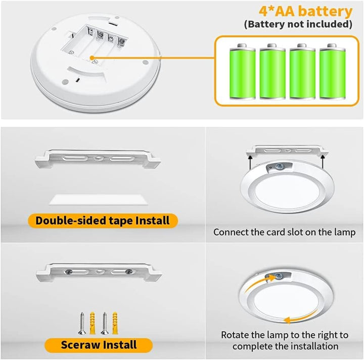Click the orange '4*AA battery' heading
pos(305,11)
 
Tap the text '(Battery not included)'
pos(298,24)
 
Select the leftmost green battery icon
pos(242,71)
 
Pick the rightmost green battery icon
pos(333,71)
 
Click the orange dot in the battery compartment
pos(92,58)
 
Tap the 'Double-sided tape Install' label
pos(103,221)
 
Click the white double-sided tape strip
pos(98,199)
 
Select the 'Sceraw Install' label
pos(99,345)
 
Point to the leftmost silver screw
pos(82,323)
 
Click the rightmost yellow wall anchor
pos(115,323)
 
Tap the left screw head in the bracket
pos(69,272)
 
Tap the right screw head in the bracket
pos(128,272)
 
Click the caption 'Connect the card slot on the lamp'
pos(284,232)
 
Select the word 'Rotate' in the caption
pos(235,335)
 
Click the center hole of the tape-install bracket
pos(98,159)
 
